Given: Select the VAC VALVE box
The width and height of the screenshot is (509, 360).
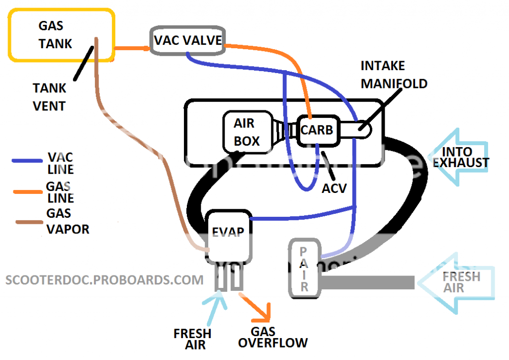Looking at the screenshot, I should pyautogui.click(x=187, y=40).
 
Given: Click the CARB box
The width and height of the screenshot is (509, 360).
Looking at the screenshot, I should pyautogui.click(x=319, y=130).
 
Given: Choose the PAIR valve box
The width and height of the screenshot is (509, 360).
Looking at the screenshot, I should pyautogui.click(x=304, y=269).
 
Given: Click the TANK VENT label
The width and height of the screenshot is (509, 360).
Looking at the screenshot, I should pyautogui.click(x=49, y=97).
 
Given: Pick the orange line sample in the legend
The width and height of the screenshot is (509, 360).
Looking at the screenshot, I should pyautogui.click(x=27, y=191).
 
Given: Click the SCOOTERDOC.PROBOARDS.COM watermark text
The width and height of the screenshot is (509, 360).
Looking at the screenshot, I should pyautogui.click(x=104, y=279).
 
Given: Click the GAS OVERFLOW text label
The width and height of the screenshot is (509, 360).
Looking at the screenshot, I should pyautogui.click(x=272, y=337).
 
